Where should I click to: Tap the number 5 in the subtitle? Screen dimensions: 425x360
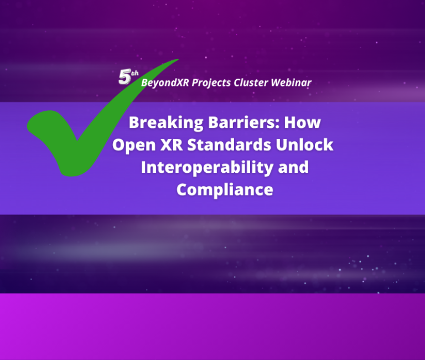coord(125,77)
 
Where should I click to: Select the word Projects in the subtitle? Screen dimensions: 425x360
coord(211,83)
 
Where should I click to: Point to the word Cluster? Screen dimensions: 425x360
coord(251,83)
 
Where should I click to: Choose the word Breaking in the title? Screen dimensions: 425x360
coord(166,122)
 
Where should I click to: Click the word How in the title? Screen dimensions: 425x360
coord(302,122)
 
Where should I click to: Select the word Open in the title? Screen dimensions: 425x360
coord(134,145)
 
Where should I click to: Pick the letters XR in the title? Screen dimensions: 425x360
coord(172,145)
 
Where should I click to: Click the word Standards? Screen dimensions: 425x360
coord(229,145)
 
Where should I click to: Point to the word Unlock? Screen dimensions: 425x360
coord(304,145)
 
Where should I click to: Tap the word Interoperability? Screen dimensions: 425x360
coord(207,167)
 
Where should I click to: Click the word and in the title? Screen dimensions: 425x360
coord(293,167)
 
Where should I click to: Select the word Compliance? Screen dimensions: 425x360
coord(225,190)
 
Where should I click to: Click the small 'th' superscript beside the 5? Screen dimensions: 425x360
coord(134,73)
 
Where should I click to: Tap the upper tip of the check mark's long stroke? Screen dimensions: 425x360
coord(178,59)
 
